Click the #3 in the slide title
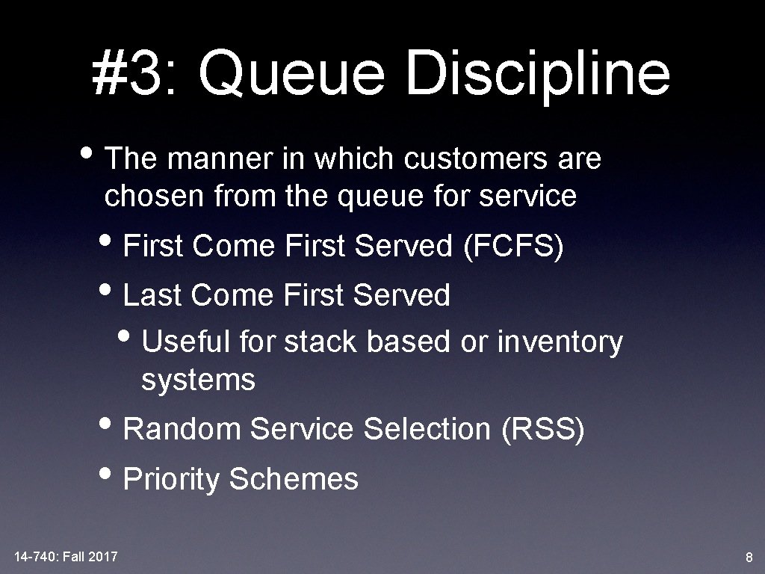[x=127, y=73]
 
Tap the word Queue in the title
[x=291, y=73]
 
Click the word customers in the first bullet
[x=475, y=158]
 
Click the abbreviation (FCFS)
[x=513, y=245]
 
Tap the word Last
[x=152, y=294]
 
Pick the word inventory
[x=560, y=342]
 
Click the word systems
[x=198, y=380]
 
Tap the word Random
[x=182, y=428]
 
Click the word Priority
[x=171, y=479]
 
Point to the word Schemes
[x=294, y=478]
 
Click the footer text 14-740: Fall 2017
[x=66, y=556]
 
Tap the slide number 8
[x=749, y=557]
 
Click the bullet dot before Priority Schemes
[x=105, y=472]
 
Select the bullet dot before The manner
[x=87, y=152]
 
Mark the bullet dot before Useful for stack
[x=124, y=336]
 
